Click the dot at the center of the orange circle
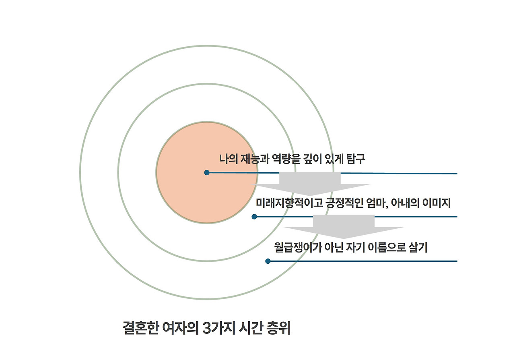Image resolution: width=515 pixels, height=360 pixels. point(207,173)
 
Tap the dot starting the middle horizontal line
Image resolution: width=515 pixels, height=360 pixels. point(254,217)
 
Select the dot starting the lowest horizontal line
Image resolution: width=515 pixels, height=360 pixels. point(268,261)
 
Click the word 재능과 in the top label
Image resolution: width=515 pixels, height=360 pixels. point(253,159)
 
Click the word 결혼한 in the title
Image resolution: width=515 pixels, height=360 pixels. point(138,328)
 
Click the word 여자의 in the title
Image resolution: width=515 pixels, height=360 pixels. point(179,328)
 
